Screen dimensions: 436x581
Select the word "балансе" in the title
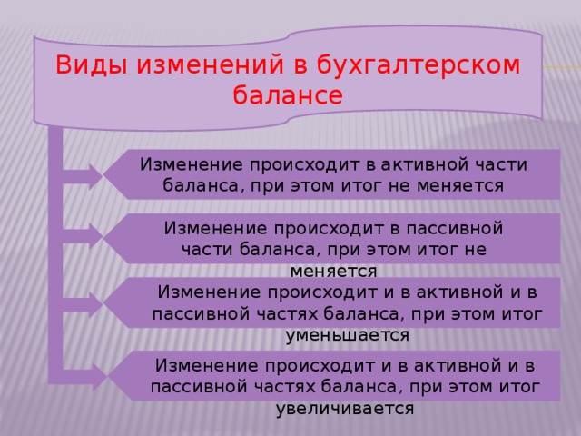coord(288,94)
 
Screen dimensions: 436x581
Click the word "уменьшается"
coord(347,334)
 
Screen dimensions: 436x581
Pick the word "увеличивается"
coord(344,408)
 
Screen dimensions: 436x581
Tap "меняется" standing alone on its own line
coord(333,271)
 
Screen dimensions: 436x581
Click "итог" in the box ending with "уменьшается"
coord(522,313)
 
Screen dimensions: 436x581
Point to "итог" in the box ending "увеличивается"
coord(520,386)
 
